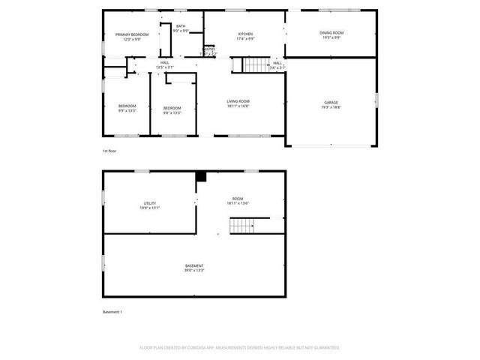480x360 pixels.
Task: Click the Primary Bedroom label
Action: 131,35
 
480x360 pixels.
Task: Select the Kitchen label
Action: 245,34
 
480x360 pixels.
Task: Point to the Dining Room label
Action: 331,33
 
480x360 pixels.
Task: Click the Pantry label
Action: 209,49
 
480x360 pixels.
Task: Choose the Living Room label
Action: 238,101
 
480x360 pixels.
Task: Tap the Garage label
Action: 331,102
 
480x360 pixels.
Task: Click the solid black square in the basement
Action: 201,176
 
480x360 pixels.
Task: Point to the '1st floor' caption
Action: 109,151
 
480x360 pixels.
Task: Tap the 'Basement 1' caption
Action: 112,311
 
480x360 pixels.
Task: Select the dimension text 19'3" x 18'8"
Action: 331,107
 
